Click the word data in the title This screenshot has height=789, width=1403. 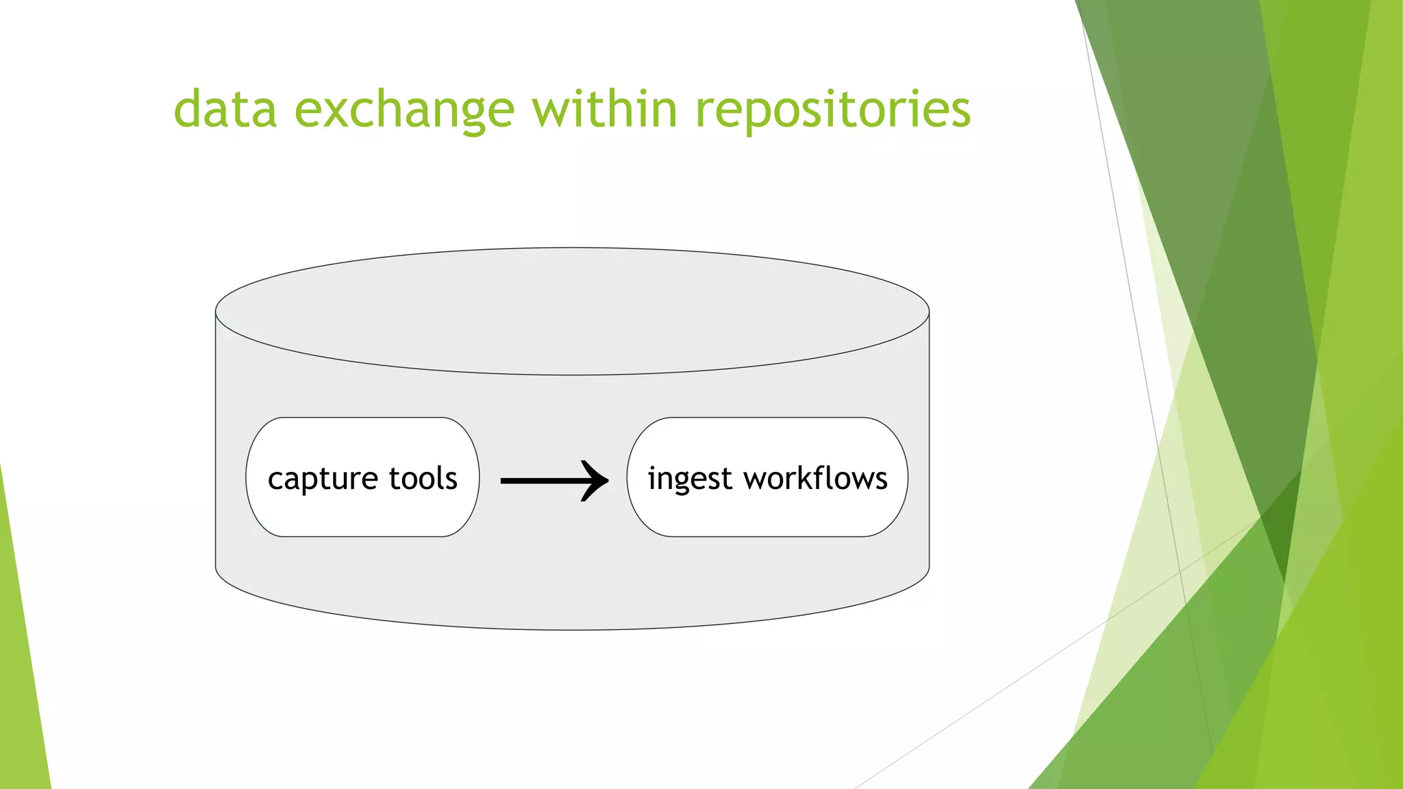tap(225, 110)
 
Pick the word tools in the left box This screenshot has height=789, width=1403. tap(423, 478)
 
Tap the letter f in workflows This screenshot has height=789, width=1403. tap(821, 477)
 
